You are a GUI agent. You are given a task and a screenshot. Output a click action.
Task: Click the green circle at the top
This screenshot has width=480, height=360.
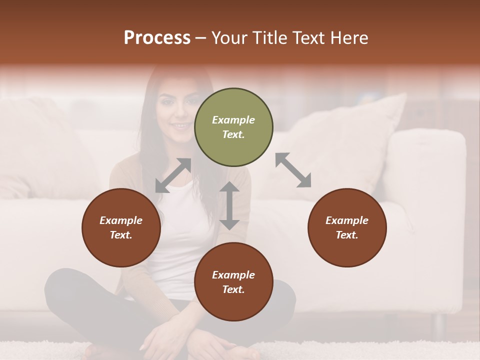tap(233, 127)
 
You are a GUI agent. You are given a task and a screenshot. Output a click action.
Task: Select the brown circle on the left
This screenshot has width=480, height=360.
tap(121, 227)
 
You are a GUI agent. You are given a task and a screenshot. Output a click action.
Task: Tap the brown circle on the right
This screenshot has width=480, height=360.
tap(347, 227)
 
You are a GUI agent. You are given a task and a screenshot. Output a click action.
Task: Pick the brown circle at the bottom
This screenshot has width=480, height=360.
tap(233, 282)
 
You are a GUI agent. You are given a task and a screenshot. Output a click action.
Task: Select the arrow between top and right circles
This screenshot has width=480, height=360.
tap(293, 170)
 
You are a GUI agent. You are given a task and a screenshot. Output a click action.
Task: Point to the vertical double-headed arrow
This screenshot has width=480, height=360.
tap(229, 205)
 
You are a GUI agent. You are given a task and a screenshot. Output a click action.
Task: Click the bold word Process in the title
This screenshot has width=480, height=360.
tap(157, 38)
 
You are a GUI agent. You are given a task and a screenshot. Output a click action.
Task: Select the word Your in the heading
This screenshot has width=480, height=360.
tap(229, 38)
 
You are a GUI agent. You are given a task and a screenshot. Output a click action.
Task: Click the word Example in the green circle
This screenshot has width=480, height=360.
tap(233, 120)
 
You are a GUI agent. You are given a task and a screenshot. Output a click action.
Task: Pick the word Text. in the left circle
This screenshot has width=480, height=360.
tap(121, 235)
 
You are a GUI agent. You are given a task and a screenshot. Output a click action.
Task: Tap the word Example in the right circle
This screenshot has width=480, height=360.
tap(347, 220)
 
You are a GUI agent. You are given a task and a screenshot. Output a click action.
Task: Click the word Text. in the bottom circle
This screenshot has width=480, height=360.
tap(233, 289)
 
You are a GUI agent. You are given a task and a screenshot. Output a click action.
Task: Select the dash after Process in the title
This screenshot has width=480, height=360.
tap(201, 38)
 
